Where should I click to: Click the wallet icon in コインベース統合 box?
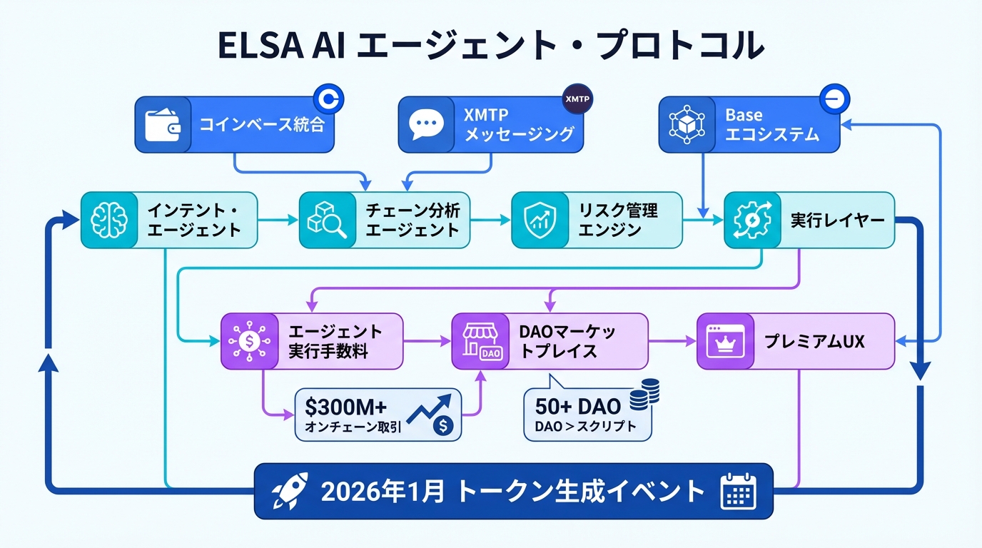tap(163, 124)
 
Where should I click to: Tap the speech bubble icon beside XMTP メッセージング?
tap(426, 124)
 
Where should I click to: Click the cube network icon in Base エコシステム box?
tap(686, 124)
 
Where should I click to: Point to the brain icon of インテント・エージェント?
tap(109, 220)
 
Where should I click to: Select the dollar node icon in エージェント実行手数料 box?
tap(249, 341)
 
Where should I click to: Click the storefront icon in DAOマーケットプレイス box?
tap(480, 341)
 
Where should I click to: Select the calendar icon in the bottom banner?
tap(738, 491)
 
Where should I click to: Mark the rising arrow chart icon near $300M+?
tap(431, 408)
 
